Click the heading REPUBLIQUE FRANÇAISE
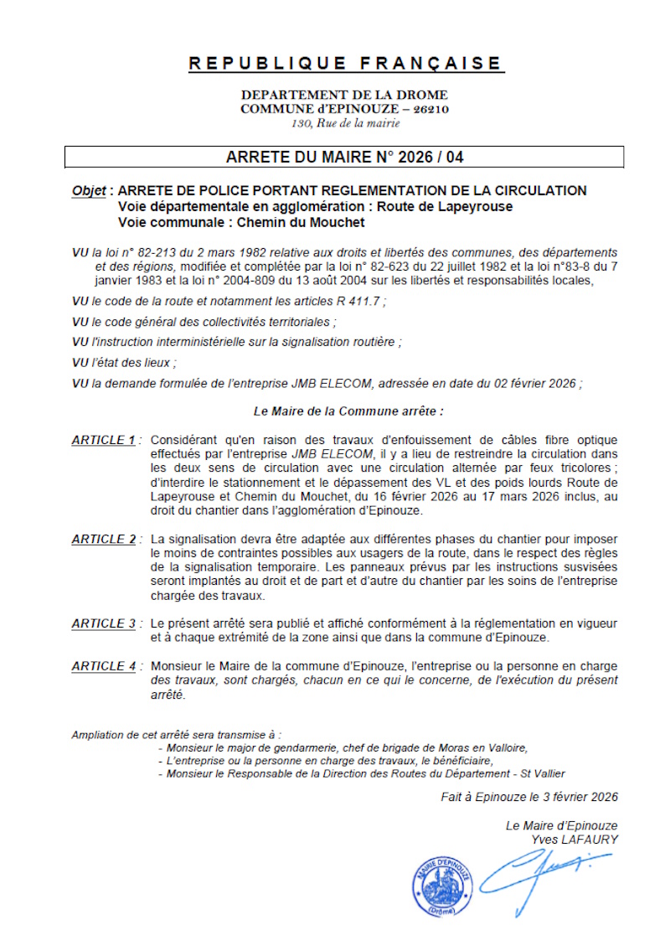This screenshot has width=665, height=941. tap(344, 63)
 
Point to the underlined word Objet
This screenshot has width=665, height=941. tap(88, 191)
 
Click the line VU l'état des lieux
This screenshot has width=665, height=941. tap(124, 363)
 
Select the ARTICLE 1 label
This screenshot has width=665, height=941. tap(103, 440)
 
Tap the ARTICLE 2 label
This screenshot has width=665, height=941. tap(103, 540)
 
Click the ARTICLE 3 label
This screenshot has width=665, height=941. tap(103, 623)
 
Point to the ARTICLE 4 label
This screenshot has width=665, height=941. tap(103, 666)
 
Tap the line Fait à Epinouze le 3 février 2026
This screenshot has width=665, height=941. tap(529, 798)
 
